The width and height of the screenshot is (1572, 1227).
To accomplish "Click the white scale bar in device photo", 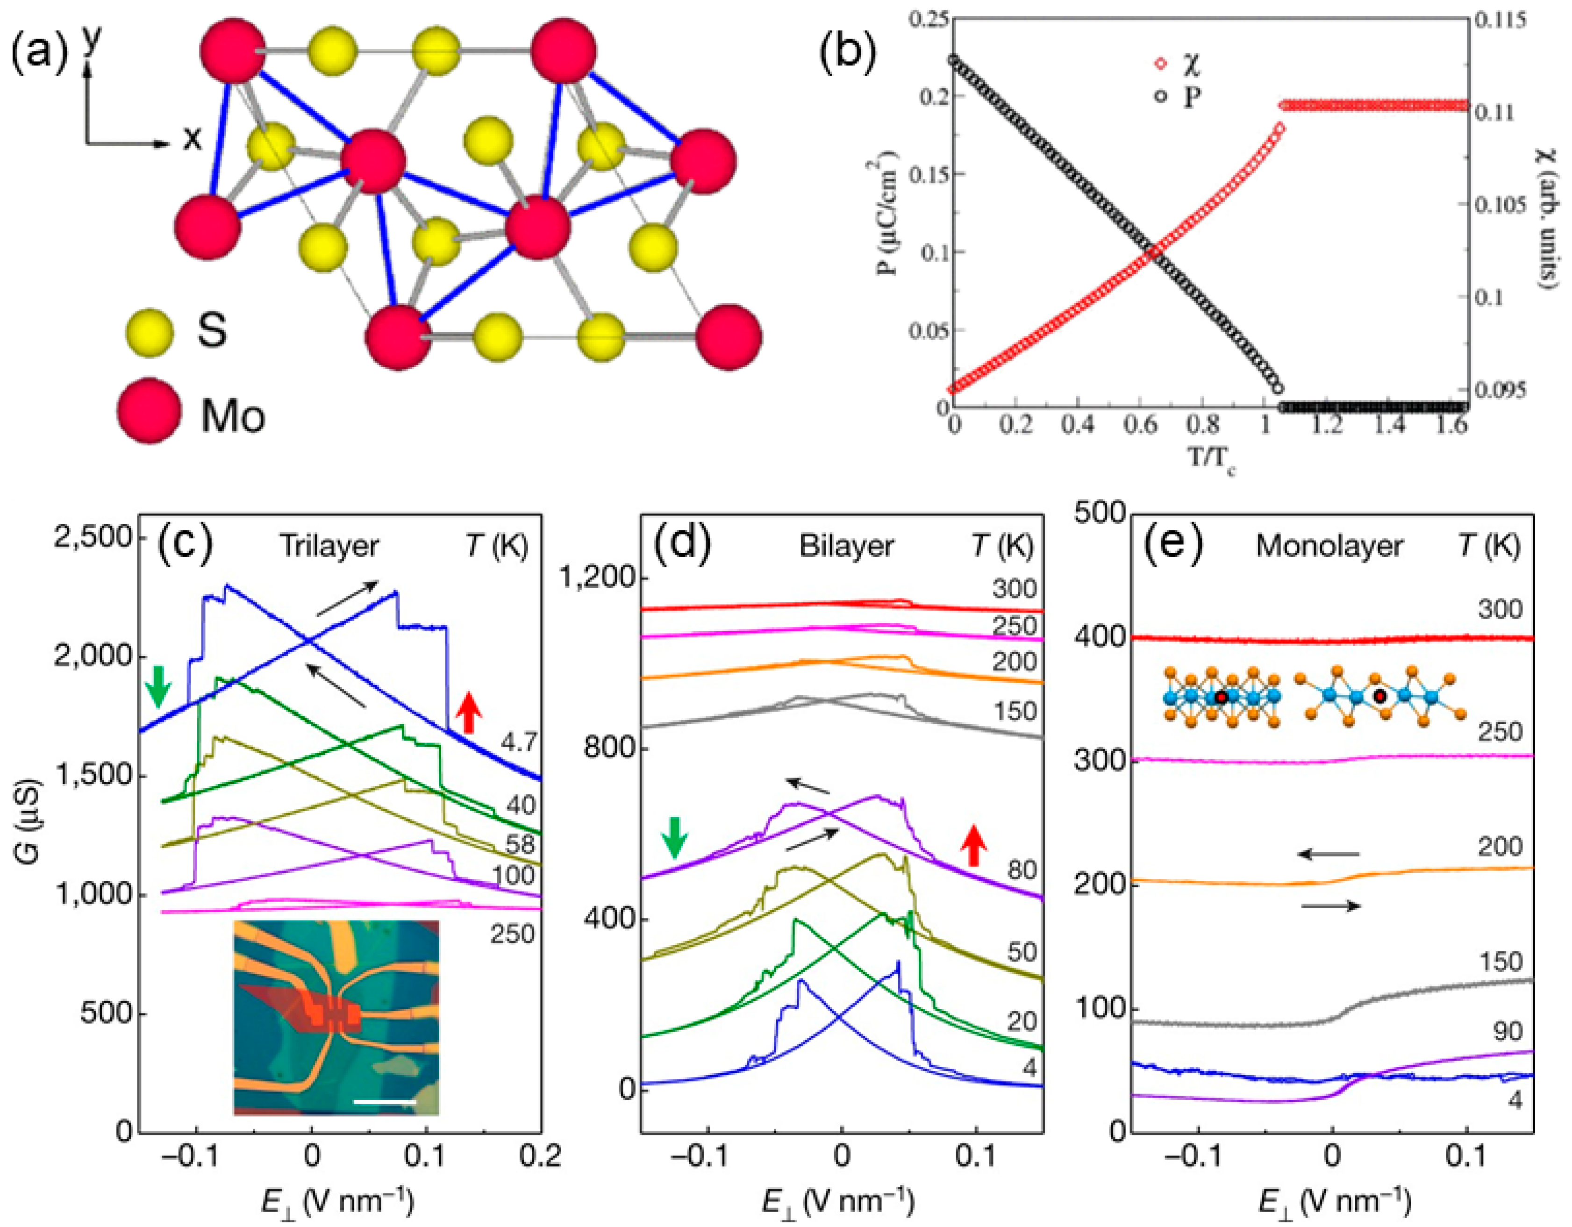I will pyautogui.click(x=385, y=1101).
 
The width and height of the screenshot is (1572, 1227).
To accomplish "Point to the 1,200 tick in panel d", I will pyautogui.click(x=598, y=578).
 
